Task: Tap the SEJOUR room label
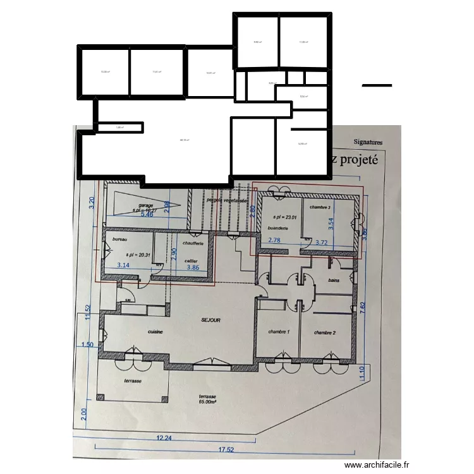[x=211, y=320]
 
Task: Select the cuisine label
[x=156, y=331]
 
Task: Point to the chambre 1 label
[x=278, y=332]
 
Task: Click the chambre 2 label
[x=324, y=332]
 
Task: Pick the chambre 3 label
[x=321, y=207]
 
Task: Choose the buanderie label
[x=279, y=228]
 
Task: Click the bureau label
[x=120, y=240]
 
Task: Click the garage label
[x=147, y=205]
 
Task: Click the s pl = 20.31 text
[x=137, y=255]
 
